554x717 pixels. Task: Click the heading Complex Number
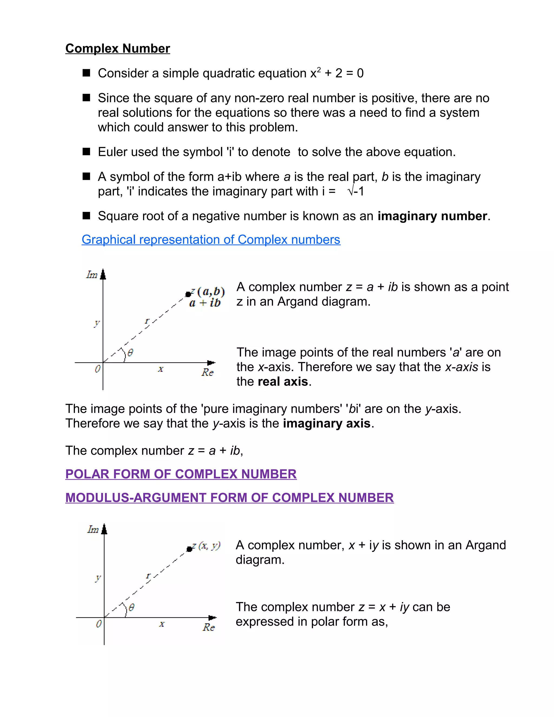[117, 49]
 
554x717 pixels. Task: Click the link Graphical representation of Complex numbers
[211, 240]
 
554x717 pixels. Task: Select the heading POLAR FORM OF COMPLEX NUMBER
[181, 474]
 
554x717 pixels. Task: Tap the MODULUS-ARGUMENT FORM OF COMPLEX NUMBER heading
[229, 498]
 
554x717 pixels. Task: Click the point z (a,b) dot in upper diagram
[188, 294]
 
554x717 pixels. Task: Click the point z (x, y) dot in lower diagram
[189, 549]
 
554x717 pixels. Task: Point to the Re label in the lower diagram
[208, 627]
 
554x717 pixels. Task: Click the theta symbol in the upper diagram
[130, 353]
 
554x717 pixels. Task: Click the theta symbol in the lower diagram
[132, 607]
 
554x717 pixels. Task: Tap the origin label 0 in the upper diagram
[97, 369]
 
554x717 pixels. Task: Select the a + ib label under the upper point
[205, 303]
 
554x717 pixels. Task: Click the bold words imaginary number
[432, 216]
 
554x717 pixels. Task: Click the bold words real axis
[283, 381]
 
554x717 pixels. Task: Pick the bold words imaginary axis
[327, 423]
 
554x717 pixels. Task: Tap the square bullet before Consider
[86, 73]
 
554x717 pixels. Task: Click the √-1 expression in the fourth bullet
[356, 191]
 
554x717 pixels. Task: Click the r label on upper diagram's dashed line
[147, 320]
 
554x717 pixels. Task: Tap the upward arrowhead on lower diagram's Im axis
[104, 529]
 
